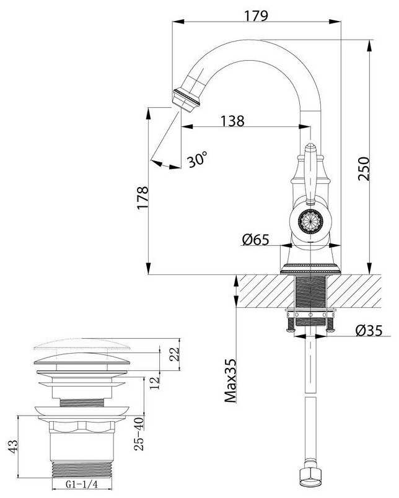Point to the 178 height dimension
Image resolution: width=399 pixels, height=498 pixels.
[x=142, y=196]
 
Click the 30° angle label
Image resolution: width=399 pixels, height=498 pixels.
[x=196, y=160]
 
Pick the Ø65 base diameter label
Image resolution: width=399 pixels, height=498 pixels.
[x=255, y=239]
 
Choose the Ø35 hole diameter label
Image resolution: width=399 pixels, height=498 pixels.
[x=370, y=331]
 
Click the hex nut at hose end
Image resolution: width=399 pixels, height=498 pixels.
[x=308, y=478]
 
